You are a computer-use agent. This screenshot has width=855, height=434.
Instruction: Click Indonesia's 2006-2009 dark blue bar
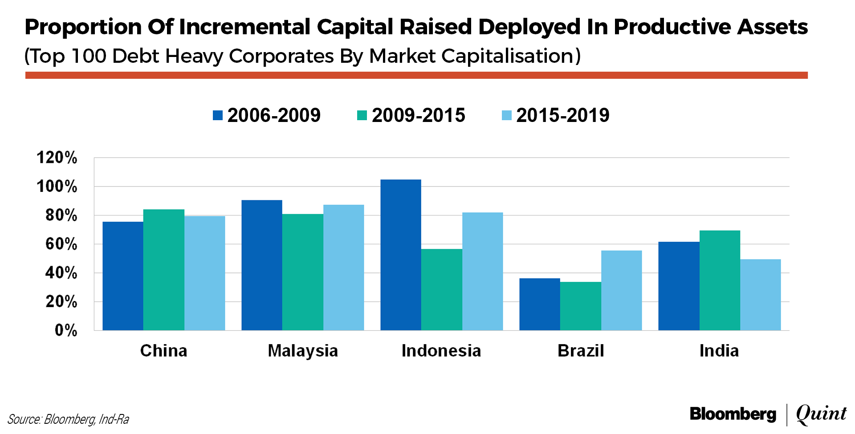[401, 255]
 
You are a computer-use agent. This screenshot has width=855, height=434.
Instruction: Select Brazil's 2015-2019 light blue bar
[622, 290]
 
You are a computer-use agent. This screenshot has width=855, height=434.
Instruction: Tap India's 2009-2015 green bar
[720, 280]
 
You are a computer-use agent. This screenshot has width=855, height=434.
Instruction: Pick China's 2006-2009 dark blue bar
[123, 276]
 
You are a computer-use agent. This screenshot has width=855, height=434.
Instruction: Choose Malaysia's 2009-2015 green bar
[303, 272]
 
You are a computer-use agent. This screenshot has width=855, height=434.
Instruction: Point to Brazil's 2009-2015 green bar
[581, 306]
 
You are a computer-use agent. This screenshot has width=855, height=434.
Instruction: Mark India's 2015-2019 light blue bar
[761, 295]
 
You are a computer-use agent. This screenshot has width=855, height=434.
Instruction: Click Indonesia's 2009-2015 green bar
[442, 289]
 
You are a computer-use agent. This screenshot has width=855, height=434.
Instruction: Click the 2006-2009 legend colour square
[218, 115]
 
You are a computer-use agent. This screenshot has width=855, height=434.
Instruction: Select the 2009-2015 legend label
[418, 115]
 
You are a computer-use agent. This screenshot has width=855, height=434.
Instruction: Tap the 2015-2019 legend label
[562, 115]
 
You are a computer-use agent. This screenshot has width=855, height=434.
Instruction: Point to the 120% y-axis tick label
[57, 158]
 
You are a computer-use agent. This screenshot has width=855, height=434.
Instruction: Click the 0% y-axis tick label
[66, 330]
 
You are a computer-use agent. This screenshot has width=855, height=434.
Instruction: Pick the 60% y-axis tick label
[61, 244]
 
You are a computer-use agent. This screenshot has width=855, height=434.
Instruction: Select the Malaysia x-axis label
[303, 351]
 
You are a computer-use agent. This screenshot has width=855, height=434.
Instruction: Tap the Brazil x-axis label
[581, 351]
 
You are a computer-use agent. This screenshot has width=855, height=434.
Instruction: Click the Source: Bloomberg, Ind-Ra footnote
[68, 419]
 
